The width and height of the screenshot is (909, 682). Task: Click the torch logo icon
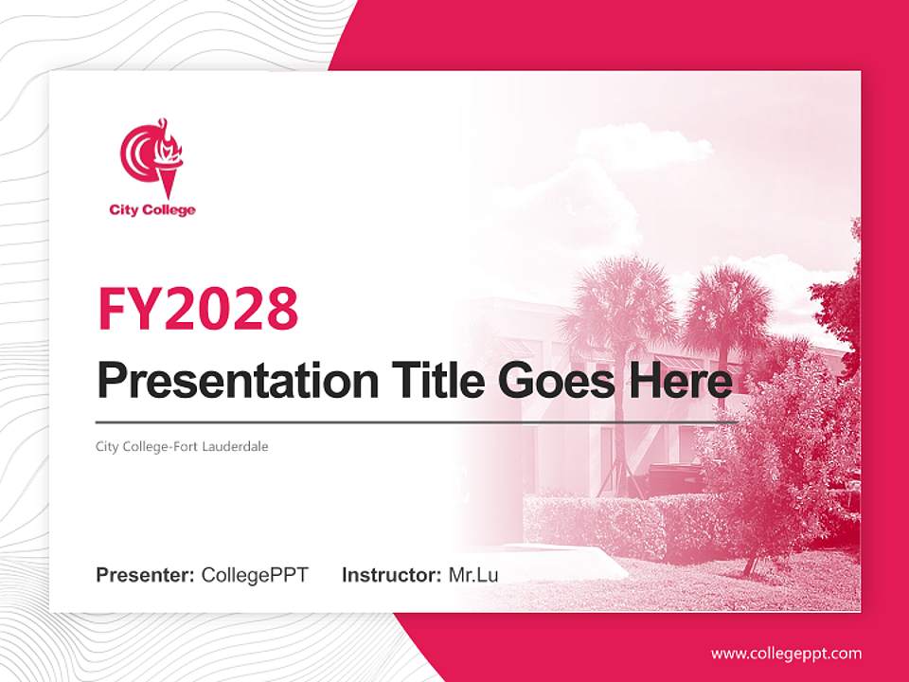(x=151, y=158)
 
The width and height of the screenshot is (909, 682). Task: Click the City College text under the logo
(x=152, y=210)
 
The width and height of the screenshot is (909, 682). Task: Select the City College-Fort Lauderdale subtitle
(x=182, y=445)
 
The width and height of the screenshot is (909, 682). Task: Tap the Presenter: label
(x=145, y=575)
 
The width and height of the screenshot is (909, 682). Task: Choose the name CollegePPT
(x=255, y=575)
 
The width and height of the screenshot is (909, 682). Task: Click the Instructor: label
(x=391, y=575)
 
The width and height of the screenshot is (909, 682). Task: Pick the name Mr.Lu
(x=473, y=575)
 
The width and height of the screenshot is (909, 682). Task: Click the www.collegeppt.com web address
(x=786, y=654)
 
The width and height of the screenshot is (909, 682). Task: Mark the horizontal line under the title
(x=417, y=422)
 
